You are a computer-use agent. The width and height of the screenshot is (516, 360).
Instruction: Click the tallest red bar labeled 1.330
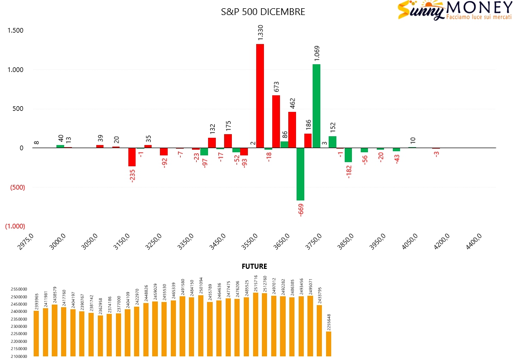260,96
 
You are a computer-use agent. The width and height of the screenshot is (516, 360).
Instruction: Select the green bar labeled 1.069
316,106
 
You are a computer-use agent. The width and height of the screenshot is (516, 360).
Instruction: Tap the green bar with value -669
300,174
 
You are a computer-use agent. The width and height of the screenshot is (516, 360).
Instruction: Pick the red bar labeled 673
276,122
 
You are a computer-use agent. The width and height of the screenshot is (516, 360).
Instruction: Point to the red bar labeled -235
132,157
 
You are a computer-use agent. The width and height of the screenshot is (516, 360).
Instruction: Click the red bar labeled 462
292,130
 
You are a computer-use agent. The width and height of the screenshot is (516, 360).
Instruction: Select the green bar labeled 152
332,142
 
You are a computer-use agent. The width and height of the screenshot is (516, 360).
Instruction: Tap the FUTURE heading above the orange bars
254,266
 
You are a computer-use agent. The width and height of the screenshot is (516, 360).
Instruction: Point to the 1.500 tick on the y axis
16,31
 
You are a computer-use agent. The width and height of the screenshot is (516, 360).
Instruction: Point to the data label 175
228,126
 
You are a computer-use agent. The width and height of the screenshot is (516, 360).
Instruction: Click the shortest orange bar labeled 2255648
329,343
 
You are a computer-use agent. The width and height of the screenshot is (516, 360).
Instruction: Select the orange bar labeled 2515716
256,324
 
